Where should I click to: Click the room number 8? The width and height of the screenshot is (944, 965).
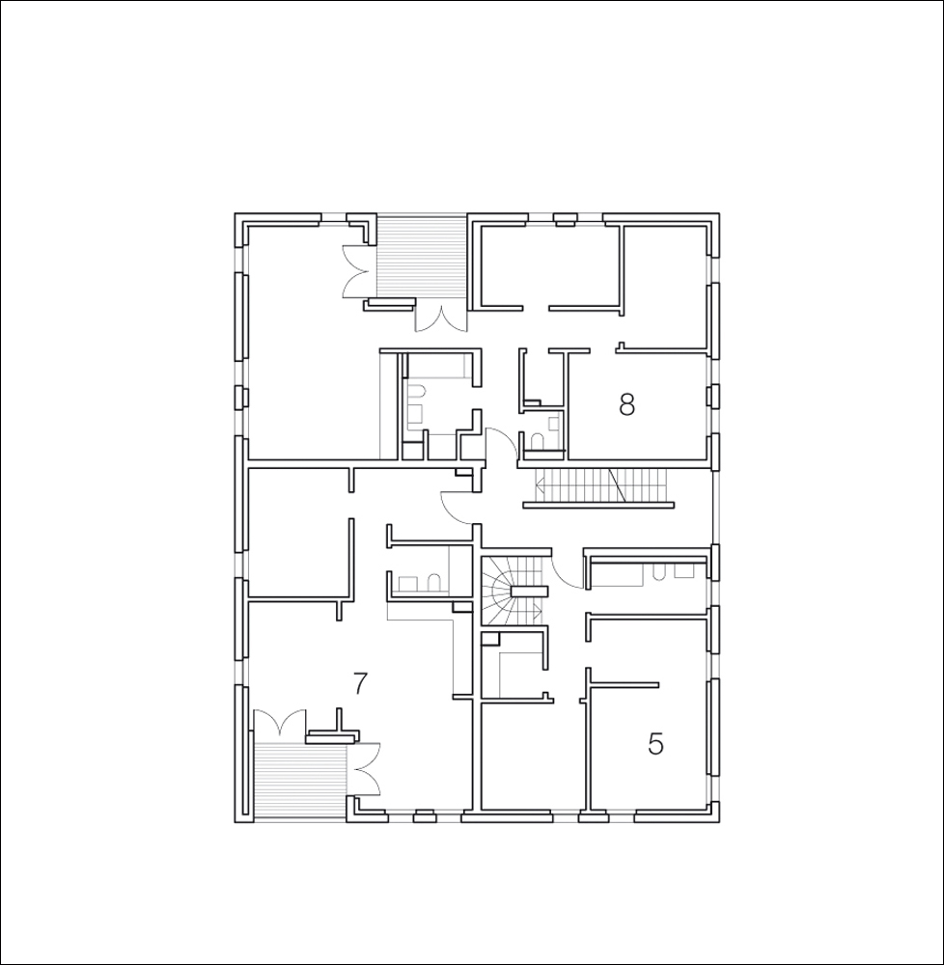[626, 405]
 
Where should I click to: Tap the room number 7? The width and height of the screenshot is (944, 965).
[360, 683]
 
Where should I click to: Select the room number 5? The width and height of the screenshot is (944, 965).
[656, 744]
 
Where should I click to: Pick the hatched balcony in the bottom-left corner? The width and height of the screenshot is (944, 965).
[300, 781]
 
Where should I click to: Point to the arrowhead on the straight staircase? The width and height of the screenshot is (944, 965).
[539, 485]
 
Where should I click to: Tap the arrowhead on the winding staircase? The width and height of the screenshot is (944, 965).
[538, 612]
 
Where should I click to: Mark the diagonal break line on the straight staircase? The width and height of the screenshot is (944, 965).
[617, 485]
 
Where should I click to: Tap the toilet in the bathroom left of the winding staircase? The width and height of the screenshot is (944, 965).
[433, 583]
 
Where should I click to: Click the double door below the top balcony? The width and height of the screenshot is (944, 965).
[441, 316]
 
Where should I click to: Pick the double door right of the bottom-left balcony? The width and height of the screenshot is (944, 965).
[364, 769]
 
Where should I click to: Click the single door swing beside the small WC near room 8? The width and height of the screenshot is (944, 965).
[503, 442]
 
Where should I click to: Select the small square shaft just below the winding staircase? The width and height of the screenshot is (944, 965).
[489, 639]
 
